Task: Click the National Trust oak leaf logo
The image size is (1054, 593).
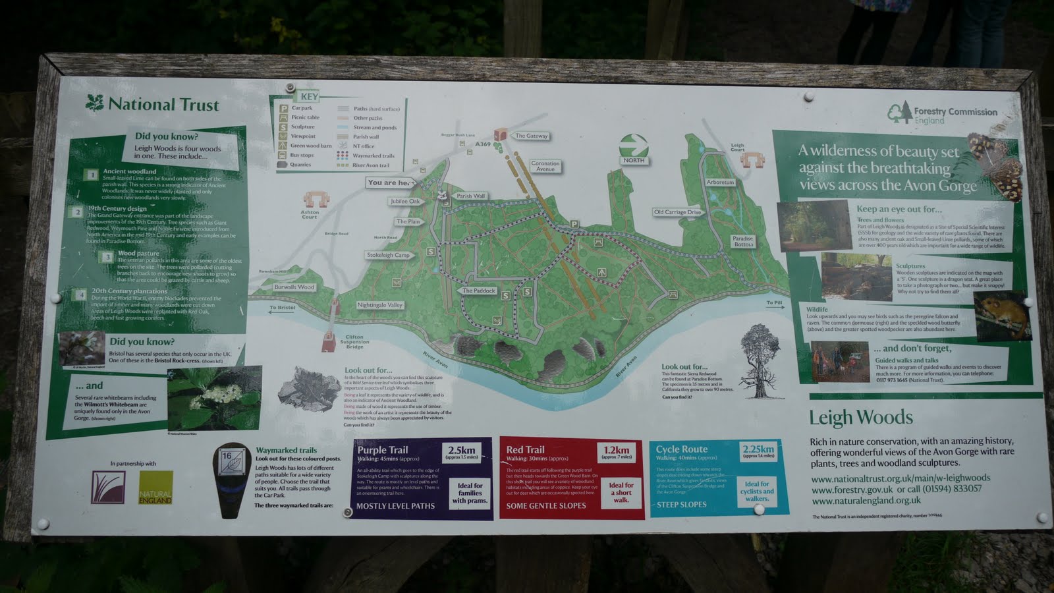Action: coord(96,103)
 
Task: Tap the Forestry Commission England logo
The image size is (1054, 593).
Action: coord(899,113)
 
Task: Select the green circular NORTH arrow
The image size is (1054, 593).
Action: coord(634,145)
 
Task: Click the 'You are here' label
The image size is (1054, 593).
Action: coord(391,183)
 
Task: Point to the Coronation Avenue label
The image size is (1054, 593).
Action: coord(545,166)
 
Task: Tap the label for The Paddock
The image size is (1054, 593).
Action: coord(478,291)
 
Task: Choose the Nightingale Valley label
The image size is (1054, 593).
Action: coord(379,305)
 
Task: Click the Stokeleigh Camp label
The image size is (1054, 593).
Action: coord(388,255)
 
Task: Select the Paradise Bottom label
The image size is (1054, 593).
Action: coord(742,241)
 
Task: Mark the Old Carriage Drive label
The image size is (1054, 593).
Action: coord(677,212)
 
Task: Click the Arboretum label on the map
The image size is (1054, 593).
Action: coord(720,182)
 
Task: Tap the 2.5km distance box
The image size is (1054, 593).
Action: coord(461,453)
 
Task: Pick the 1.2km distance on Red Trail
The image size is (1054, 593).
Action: coord(617,453)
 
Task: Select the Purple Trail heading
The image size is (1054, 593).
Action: coord(383,449)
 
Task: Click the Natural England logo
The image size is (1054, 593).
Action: coord(155,488)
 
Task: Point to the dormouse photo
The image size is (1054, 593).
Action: coord(1003,316)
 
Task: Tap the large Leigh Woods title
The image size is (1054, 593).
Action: coord(860,418)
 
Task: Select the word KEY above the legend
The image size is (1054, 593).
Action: coord(309,97)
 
